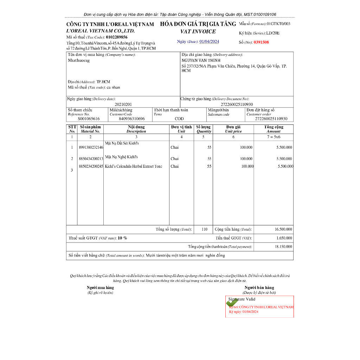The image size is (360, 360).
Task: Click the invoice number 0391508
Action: click(x=261, y=42)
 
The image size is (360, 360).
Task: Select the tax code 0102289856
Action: click(x=117, y=37)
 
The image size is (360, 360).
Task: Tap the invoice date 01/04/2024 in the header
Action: click(x=209, y=41)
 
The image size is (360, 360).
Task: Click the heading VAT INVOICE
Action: click(x=198, y=32)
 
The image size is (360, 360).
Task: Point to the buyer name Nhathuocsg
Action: click(x=79, y=60)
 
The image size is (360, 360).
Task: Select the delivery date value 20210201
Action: click(x=123, y=104)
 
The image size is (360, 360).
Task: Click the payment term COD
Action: click(x=179, y=119)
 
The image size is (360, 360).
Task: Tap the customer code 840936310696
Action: click(x=132, y=119)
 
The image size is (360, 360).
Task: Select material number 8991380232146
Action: click(x=91, y=148)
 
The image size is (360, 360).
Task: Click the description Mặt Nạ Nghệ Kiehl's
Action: click(x=121, y=157)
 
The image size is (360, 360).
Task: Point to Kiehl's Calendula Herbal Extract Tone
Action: click(x=134, y=166)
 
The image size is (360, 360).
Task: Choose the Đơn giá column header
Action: click(x=233, y=127)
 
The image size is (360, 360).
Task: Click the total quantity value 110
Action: click(x=205, y=229)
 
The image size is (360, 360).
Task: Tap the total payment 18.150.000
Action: click(x=283, y=247)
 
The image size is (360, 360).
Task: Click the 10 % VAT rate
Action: click(x=122, y=238)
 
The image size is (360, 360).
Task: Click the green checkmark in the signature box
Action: click(x=232, y=303)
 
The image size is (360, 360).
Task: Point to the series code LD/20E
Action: click(x=273, y=33)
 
